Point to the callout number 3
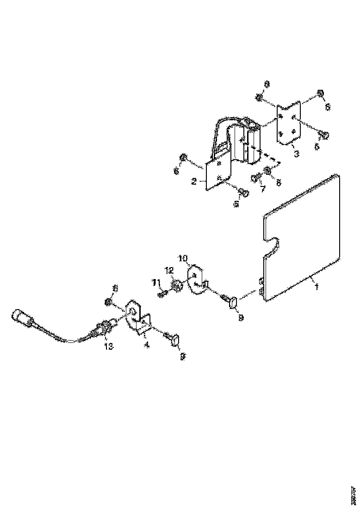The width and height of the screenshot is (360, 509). pos(296,153)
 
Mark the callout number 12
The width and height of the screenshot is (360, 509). pos(169,270)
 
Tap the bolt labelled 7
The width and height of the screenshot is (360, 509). pos(255,177)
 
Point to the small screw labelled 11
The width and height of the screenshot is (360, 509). pos(162,293)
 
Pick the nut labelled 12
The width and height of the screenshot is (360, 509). pos(176,286)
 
